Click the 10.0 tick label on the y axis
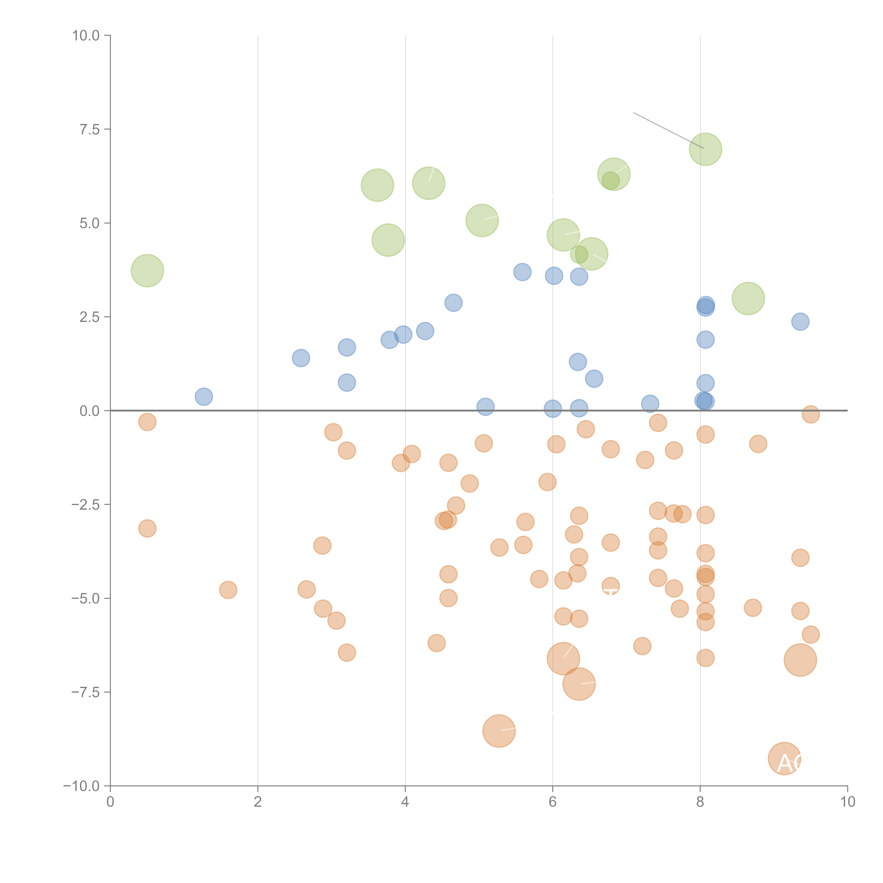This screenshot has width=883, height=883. click(x=86, y=36)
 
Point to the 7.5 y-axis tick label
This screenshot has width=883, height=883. click(x=90, y=129)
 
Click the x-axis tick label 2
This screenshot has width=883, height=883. click(x=258, y=802)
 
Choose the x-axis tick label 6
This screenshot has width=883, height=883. click(x=553, y=802)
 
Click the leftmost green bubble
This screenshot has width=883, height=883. click(x=147, y=271)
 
